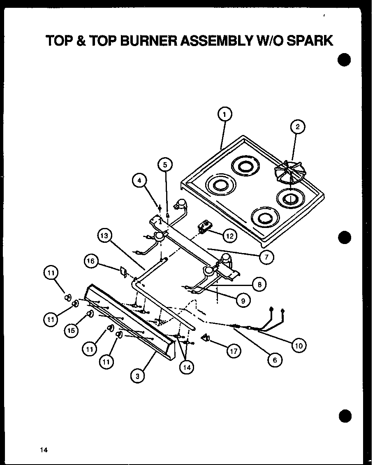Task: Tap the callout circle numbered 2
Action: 298,127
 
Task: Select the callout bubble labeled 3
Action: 137,375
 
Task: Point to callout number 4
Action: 140,180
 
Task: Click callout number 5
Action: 165,165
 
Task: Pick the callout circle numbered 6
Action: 274,360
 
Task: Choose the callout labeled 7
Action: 266,258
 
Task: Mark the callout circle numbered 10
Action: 299,346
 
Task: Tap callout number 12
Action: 229,236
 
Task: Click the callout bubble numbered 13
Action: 105,236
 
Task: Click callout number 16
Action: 91,261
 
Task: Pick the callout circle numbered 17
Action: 234,351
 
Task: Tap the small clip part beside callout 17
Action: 206,338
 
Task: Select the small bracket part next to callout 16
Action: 122,272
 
